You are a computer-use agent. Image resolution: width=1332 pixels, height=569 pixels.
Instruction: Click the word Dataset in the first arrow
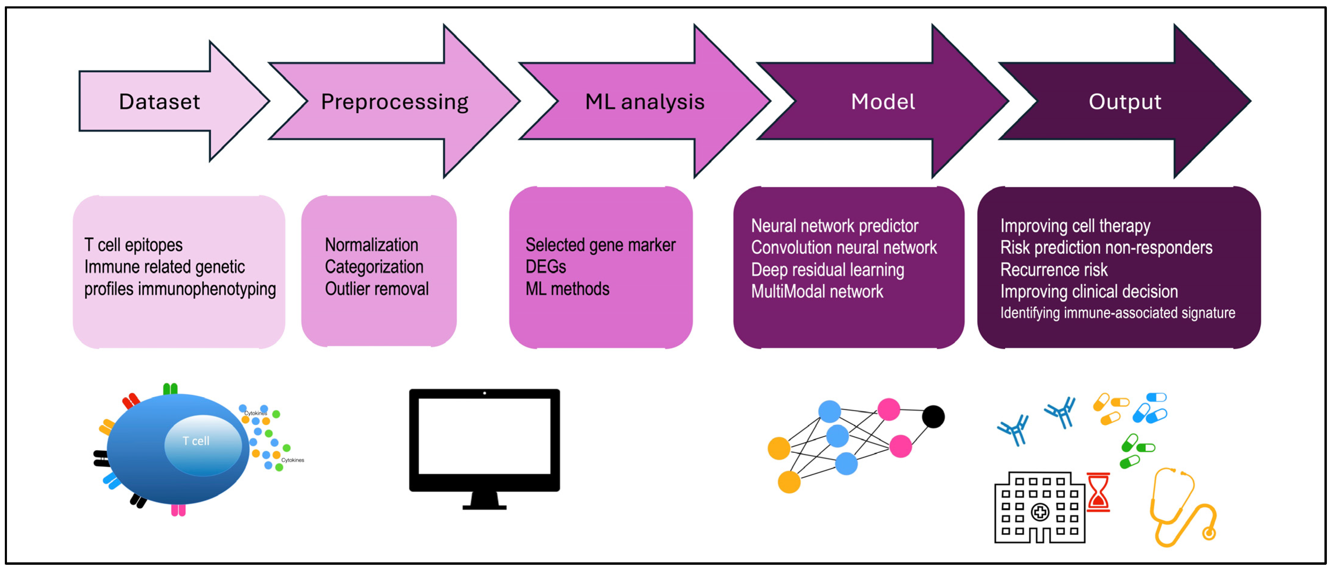(x=159, y=102)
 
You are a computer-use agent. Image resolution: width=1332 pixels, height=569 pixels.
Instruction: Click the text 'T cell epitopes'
(x=133, y=245)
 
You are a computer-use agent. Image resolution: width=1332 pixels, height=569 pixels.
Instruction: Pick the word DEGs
(x=546, y=267)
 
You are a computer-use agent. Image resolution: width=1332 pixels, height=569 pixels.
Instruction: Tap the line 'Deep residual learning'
(x=827, y=270)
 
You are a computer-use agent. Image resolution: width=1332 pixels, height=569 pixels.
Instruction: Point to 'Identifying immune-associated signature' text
(x=1117, y=313)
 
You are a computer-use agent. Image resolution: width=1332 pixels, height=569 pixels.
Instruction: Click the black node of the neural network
(x=933, y=416)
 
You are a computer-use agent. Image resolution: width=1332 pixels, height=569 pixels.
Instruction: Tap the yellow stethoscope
(x=1183, y=507)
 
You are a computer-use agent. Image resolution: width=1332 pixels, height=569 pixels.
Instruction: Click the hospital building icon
(x=1039, y=507)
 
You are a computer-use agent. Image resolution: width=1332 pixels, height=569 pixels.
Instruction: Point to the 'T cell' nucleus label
(x=196, y=441)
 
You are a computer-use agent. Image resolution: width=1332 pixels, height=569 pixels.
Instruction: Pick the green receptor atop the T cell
(x=170, y=389)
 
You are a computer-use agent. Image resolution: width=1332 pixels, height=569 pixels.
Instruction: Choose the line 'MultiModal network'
(x=817, y=292)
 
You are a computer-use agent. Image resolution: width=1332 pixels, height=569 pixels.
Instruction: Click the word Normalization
(x=371, y=245)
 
